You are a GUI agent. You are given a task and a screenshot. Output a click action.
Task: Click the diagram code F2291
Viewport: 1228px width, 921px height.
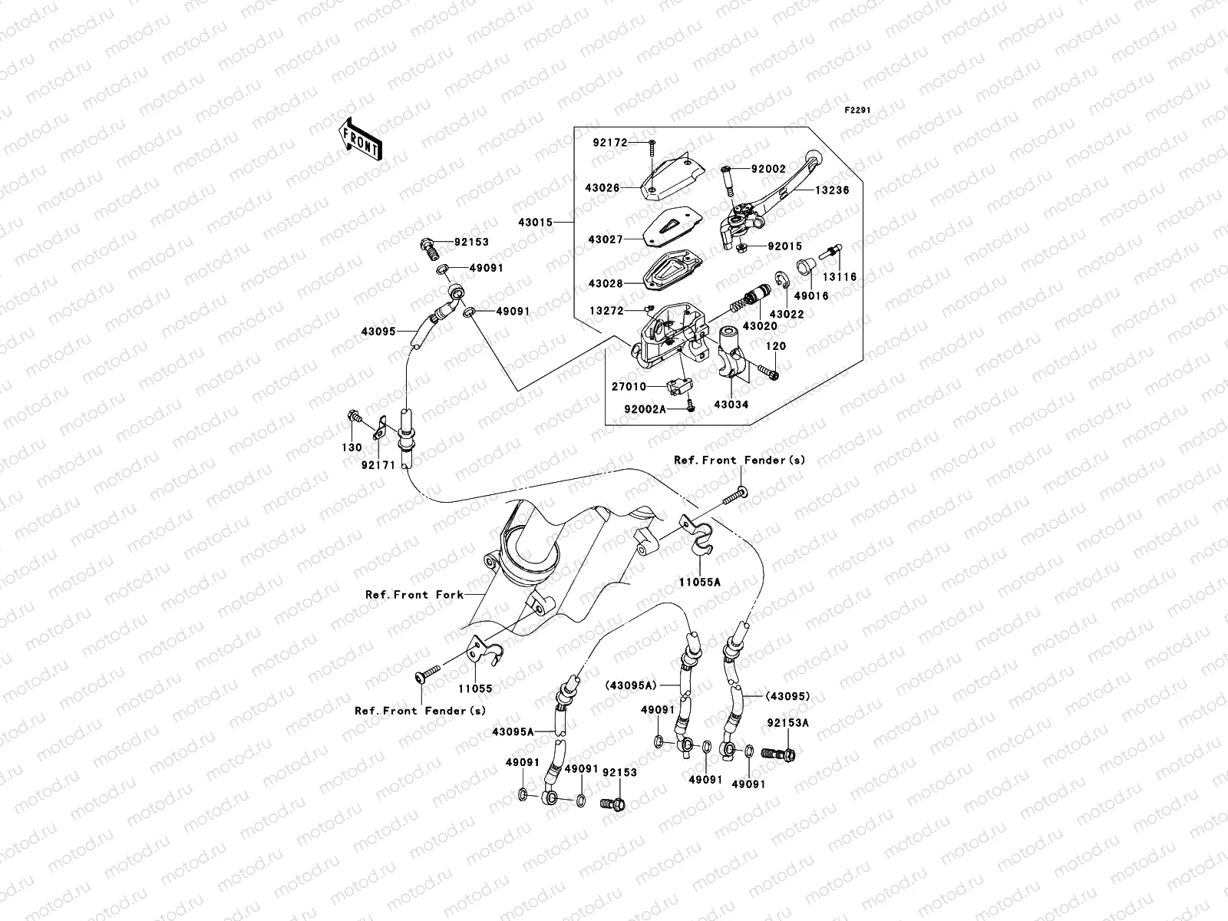[x=859, y=111]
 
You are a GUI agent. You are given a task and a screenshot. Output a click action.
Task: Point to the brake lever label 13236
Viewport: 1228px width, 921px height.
[x=832, y=190]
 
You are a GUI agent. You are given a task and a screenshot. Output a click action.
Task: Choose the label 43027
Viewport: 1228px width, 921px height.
[x=606, y=239]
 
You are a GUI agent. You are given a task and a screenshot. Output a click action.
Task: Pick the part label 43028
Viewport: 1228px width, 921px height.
[x=606, y=283]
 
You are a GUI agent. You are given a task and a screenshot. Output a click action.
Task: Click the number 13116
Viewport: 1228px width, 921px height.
[x=840, y=277]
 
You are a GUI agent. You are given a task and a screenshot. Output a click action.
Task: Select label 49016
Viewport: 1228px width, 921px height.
[x=811, y=295]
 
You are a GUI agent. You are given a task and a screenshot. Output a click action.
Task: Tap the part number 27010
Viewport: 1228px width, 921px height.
[x=629, y=387]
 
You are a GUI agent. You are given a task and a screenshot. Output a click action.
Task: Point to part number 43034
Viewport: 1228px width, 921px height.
[x=730, y=404]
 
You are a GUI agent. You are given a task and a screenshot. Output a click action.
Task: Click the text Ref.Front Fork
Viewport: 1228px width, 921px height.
[x=414, y=595]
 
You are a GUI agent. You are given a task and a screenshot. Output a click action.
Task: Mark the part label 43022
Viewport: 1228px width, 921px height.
[x=787, y=315]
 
